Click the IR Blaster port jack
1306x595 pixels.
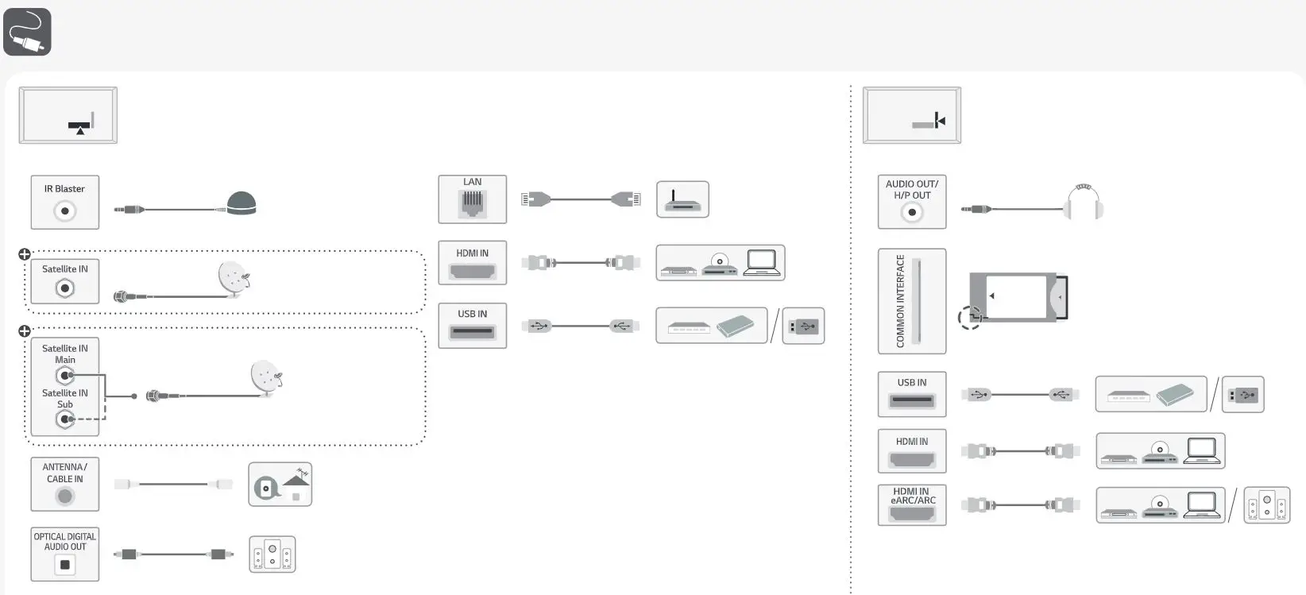(65, 211)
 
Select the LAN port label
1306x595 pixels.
(472, 182)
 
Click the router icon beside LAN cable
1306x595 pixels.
(682, 199)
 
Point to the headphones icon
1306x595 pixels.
(1084, 203)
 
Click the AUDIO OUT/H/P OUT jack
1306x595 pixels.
(912, 212)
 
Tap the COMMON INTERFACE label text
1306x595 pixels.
(900, 301)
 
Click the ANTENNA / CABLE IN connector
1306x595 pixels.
(65, 496)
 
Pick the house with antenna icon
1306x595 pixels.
(280, 485)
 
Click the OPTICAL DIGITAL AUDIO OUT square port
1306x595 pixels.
(65, 565)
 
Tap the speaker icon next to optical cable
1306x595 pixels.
(272, 554)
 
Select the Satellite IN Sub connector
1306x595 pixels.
(65, 419)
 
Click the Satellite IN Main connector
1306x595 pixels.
(65, 375)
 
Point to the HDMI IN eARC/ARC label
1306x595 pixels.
(913, 496)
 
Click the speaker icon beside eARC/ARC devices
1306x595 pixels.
(1266, 505)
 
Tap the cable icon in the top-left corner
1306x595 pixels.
(27, 32)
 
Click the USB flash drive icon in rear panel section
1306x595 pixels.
(803, 326)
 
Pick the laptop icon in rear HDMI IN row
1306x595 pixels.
(763, 262)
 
